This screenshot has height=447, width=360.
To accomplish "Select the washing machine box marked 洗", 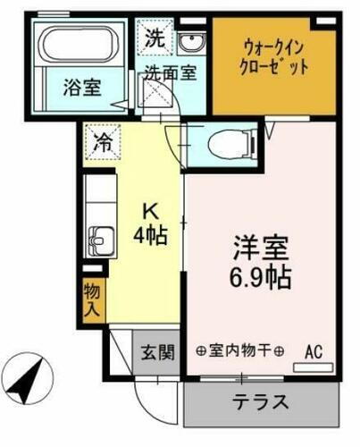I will [x=155, y=38].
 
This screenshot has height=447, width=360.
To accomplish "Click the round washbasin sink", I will [x=190, y=45].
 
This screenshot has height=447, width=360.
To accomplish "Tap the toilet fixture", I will [x=222, y=140].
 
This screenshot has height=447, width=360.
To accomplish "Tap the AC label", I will [x=314, y=350].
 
